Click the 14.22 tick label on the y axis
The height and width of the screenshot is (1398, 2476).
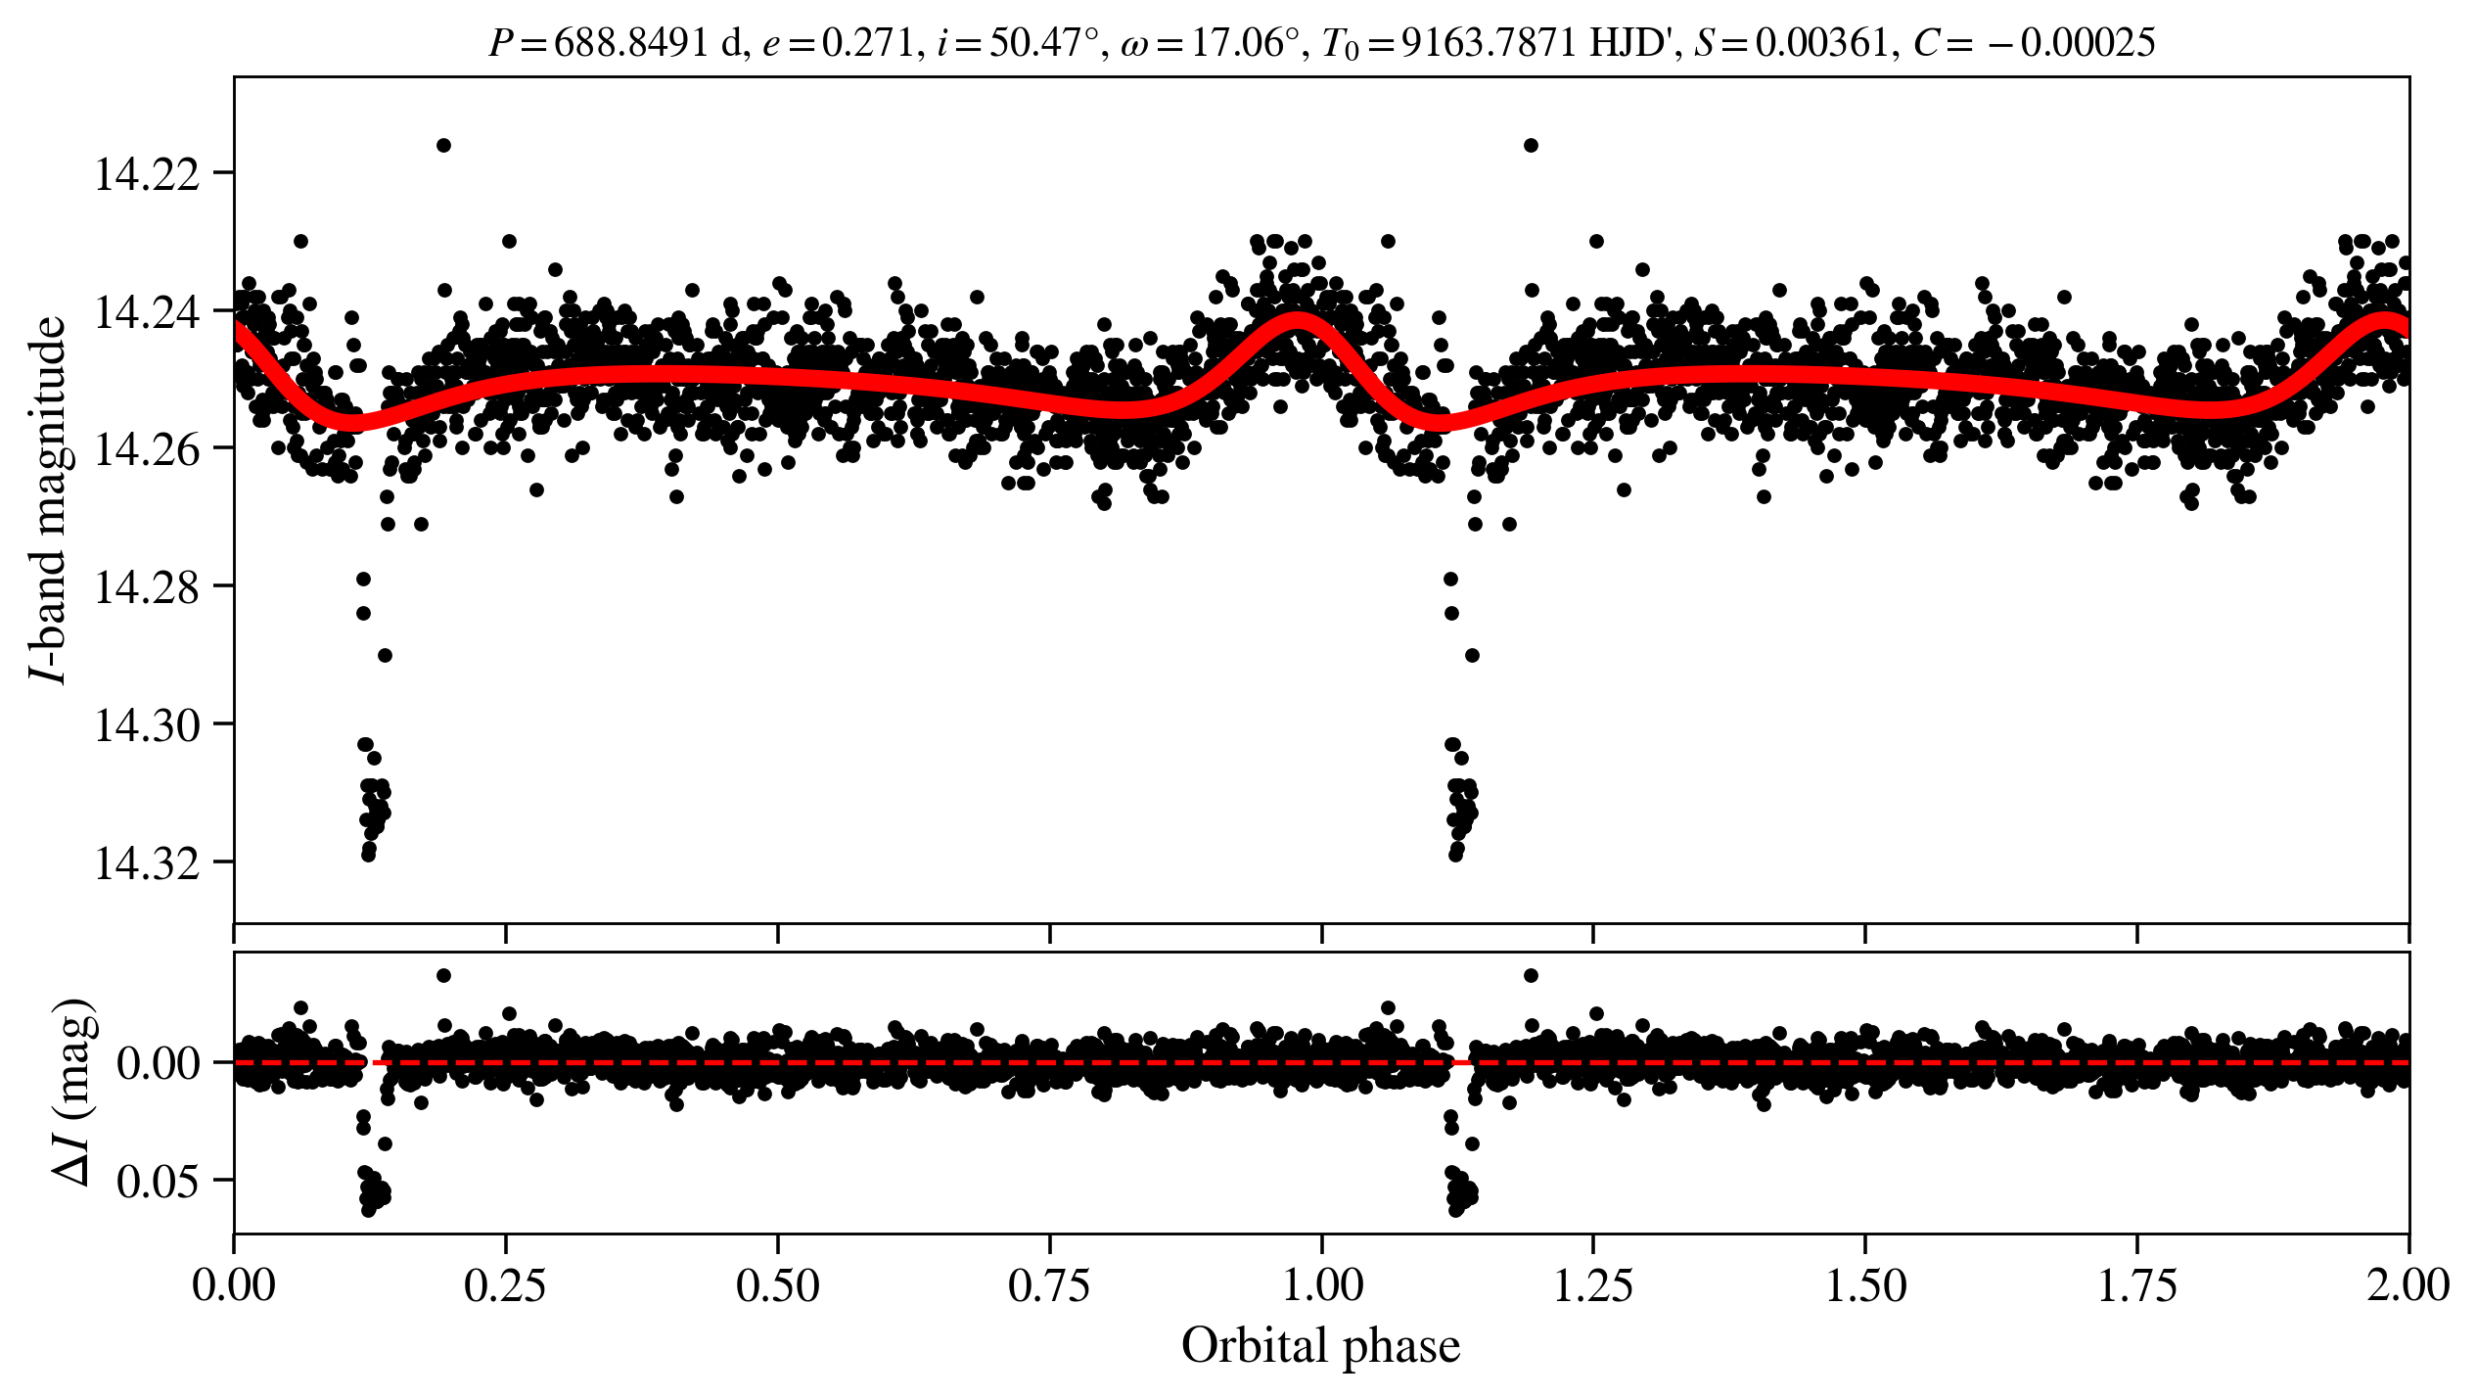click(146, 174)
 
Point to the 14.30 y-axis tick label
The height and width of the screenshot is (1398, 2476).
click(146, 725)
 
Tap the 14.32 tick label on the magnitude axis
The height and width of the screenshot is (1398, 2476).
click(146, 863)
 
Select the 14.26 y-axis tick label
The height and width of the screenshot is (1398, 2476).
click(146, 449)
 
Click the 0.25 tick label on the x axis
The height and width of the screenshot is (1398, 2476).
click(505, 1286)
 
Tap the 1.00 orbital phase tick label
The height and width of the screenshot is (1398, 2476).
click(1322, 1286)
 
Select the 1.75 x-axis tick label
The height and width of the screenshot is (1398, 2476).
click(2137, 1286)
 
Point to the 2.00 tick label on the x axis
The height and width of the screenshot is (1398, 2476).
click(2407, 1286)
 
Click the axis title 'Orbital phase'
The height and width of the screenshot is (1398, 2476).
click(1320, 1346)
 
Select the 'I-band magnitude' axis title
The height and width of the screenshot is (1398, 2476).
click(49, 499)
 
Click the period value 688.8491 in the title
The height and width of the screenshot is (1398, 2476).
click(630, 43)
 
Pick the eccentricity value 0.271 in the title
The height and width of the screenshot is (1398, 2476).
click(866, 43)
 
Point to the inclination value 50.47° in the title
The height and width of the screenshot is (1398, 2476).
click(1043, 43)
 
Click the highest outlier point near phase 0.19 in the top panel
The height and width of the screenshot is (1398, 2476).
click(443, 145)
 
